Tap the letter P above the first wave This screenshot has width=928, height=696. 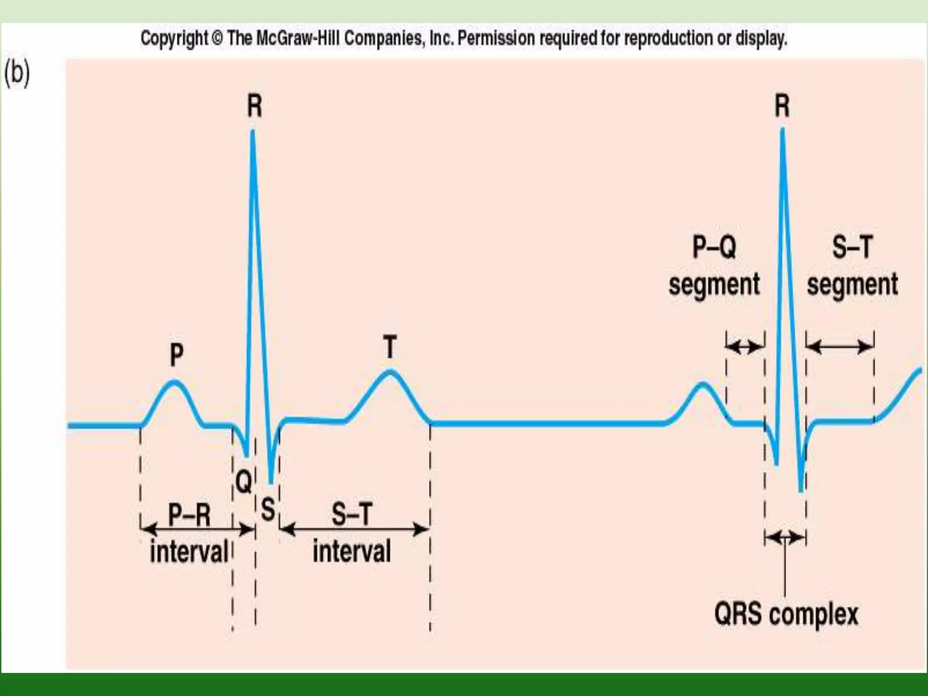pyautogui.click(x=177, y=354)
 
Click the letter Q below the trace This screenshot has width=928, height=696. pyautogui.click(x=244, y=481)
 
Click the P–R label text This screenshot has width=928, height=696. pyautogui.click(x=189, y=515)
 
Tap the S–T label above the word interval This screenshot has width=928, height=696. pyautogui.click(x=352, y=514)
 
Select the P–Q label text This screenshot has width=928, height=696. pyautogui.click(x=714, y=247)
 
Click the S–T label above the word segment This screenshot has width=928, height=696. pyautogui.click(x=852, y=247)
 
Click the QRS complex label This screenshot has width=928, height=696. pyautogui.click(x=786, y=615)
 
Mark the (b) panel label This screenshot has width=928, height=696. pyautogui.click(x=17, y=73)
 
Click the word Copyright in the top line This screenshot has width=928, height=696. pyautogui.click(x=174, y=39)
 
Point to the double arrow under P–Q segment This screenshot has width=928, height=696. pyautogui.click(x=745, y=348)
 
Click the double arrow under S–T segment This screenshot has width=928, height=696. pyautogui.click(x=840, y=348)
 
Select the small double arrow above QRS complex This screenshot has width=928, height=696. pyautogui.click(x=785, y=538)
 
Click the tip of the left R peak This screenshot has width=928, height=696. pyautogui.click(x=252, y=132)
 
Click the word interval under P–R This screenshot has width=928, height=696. pyautogui.click(x=189, y=552)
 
